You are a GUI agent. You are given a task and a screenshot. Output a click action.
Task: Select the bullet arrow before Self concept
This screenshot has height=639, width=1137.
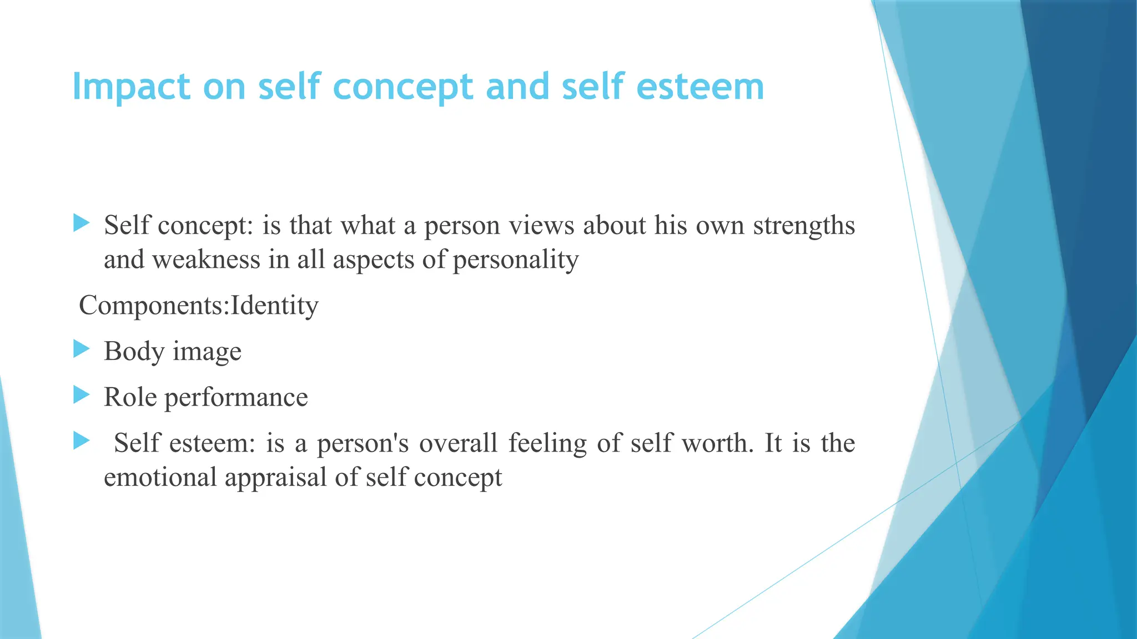[x=81, y=224]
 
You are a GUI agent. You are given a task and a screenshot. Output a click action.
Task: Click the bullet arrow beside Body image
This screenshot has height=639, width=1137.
[x=81, y=349]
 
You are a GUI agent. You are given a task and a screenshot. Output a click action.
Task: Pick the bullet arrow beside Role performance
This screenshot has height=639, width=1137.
[x=81, y=395]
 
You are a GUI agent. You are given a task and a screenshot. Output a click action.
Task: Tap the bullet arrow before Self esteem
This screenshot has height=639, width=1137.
[x=81, y=442]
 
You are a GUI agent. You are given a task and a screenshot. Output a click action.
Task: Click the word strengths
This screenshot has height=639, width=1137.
[x=803, y=226]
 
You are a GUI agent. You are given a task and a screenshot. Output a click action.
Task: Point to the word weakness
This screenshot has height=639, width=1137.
[x=206, y=260]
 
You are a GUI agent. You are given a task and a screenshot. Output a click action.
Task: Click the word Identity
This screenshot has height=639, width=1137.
[x=274, y=306]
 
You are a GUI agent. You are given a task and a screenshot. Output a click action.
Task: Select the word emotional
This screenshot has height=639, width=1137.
[x=160, y=477]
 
